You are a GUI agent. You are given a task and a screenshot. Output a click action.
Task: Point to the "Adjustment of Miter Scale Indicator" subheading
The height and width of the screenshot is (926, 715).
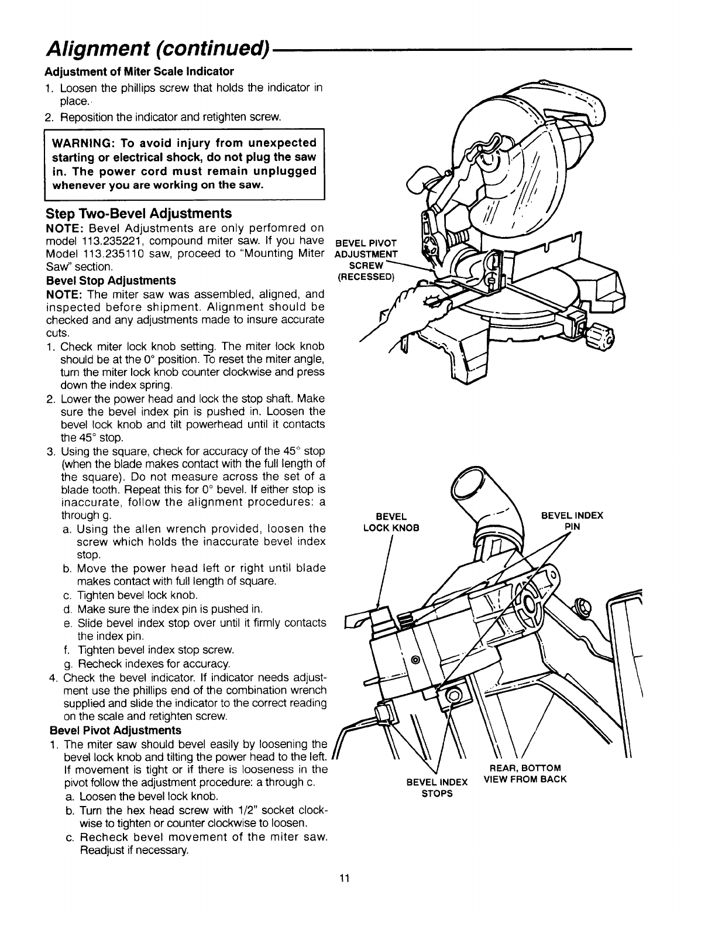139,71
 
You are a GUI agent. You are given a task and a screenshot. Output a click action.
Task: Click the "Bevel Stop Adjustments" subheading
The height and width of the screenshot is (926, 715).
111,280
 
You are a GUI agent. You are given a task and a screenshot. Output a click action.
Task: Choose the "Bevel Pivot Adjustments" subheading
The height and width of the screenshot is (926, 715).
116,730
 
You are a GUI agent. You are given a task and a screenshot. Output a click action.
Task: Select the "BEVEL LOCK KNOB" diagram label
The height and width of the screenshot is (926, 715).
391,522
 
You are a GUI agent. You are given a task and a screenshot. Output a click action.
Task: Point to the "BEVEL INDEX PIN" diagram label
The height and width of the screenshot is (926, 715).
571,521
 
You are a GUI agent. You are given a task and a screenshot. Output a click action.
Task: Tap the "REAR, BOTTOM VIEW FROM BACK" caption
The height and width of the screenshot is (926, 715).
525,773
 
